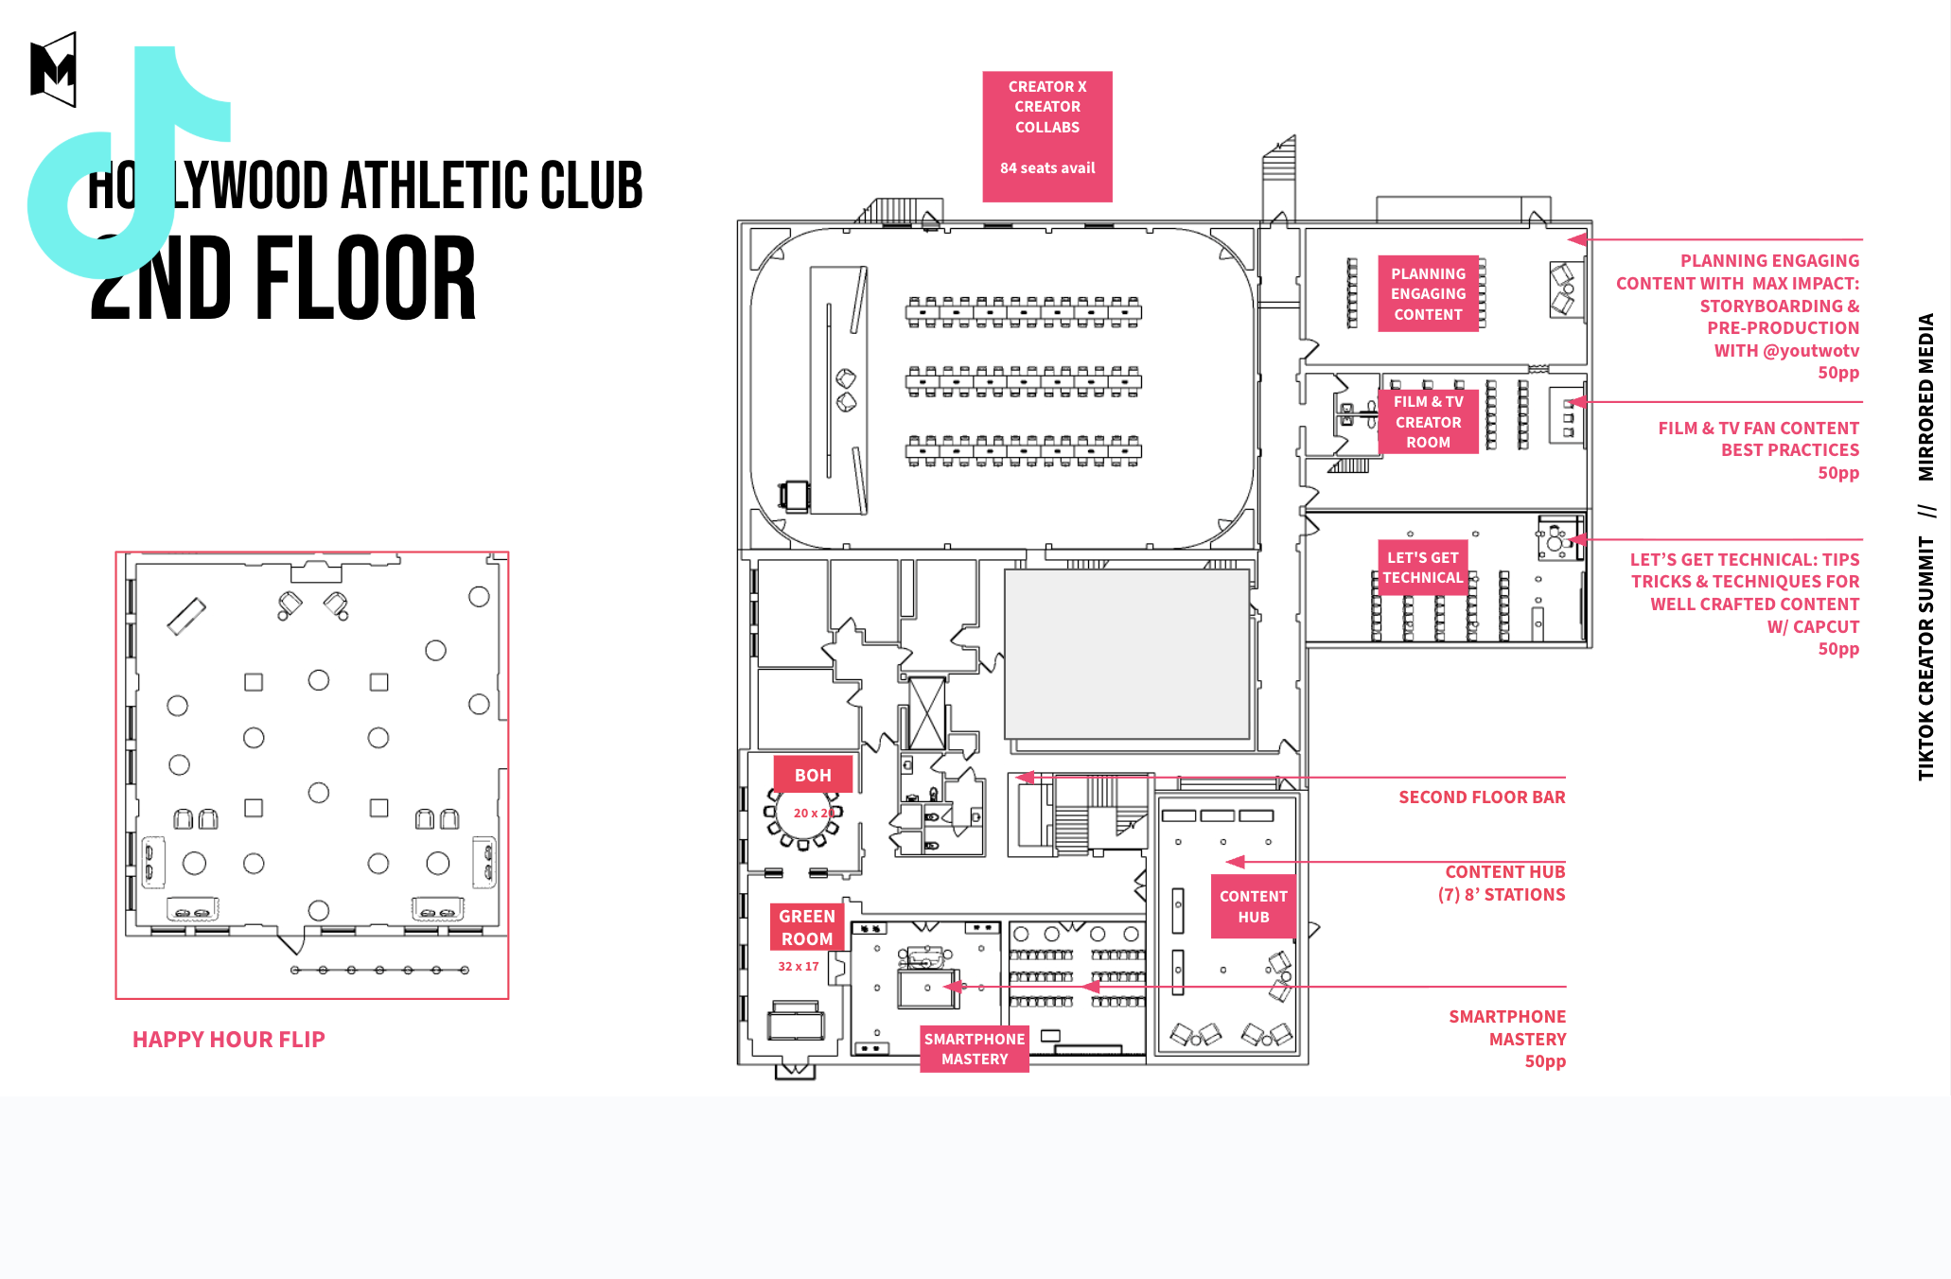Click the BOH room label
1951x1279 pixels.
click(x=813, y=775)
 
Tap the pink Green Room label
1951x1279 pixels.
click(x=807, y=927)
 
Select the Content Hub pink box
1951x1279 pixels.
click(x=1253, y=906)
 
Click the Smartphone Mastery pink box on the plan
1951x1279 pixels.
click(x=975, y=1049)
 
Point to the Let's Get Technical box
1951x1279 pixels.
click(x=1422, y=568)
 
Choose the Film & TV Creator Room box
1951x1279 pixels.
click(x=1428, y=422)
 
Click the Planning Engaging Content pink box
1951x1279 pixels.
click(x=1428, y=294)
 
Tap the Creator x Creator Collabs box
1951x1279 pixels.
click(x=1047, y=136)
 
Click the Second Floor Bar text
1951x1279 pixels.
click(x=1482, y=797)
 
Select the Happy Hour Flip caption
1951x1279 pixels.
click(x=229, y=1040)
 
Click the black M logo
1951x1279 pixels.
click(x=53, y=70)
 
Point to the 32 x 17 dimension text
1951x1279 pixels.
click(x=798, y=967)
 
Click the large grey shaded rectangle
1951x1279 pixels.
click(x=1126, y=654)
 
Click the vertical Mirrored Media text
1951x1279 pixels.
click(x=1925, y=396)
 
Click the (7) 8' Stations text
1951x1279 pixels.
click(x=1502, y=895)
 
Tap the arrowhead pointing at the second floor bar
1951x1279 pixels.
click(x=1025, y=778)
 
